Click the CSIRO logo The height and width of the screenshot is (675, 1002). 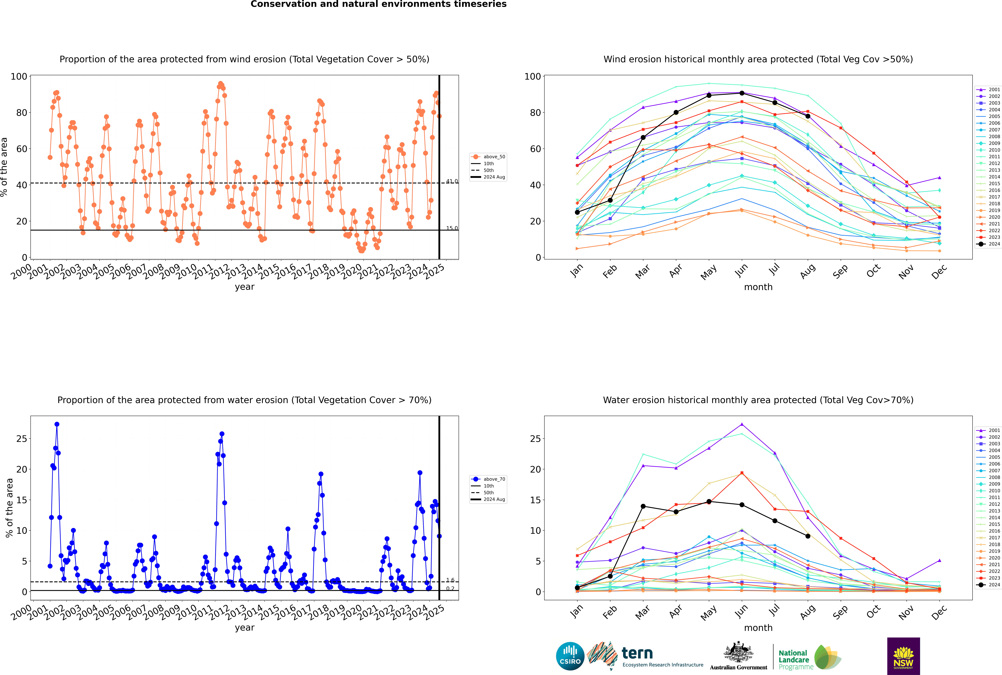pos(570,656)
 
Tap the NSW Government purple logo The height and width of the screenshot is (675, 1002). pos(903,656)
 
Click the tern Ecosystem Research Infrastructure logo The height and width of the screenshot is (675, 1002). pos(645,656)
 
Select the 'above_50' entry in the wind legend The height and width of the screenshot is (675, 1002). pos(488,157)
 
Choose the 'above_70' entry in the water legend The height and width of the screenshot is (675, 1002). pos(488,479)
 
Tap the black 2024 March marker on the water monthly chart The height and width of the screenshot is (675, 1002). pos(643,506)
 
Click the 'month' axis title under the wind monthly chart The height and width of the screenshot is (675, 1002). pos(758,287)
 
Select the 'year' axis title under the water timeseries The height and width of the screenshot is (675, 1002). pos(245,628)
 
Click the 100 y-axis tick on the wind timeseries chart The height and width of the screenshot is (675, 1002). pos(19,77)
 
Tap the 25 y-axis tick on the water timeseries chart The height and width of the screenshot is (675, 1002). pos(21,439)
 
